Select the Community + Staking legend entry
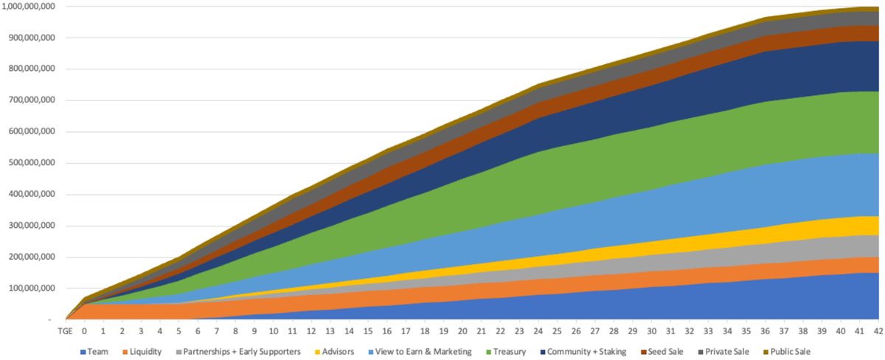pos(587,352)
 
